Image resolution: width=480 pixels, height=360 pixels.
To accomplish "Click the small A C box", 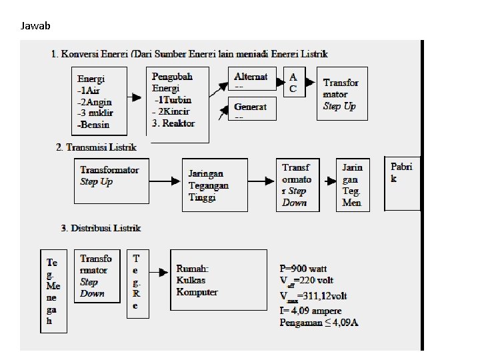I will pos(293,83).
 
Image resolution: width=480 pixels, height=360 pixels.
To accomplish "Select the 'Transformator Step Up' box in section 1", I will pos(341,94).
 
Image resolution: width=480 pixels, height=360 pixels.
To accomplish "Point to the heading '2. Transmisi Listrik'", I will pos(97,147).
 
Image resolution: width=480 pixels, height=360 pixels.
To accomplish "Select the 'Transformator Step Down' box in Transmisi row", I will pos(297,185).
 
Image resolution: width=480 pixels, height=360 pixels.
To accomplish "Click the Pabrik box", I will pos(402,183).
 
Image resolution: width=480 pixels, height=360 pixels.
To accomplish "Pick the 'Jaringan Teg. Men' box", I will pos(353,185).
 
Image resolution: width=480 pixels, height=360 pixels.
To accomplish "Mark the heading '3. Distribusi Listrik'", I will pos(101,228).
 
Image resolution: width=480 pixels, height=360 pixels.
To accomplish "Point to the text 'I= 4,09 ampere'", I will pos(311,311).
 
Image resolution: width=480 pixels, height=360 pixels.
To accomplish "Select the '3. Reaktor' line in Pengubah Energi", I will pos(174,123).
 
